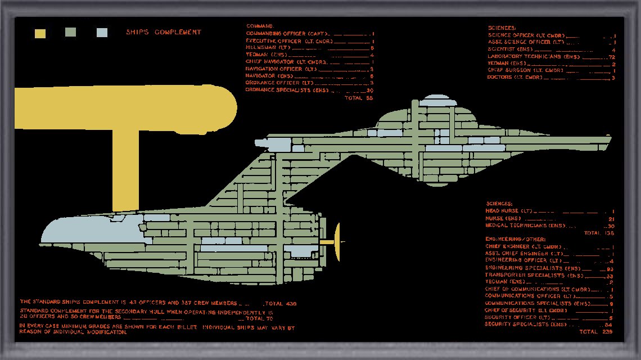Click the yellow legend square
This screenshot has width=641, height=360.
[x=40, y=33]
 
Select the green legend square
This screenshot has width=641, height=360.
[x=71, y=33]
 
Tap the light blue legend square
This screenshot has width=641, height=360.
[x=102, y=33]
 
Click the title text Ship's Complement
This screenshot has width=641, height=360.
[x=164, y=33]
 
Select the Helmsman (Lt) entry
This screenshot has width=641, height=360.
[x=267, y=48]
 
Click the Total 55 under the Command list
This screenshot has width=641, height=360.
[x=359, y=98]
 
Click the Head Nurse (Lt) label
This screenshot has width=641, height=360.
[x=508, y=211]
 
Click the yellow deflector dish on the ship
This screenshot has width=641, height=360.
[x=337, y=242]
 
